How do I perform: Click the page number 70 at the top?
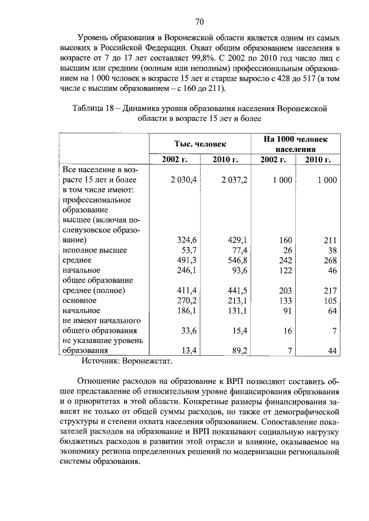(x=199, y=22)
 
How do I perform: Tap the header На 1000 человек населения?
(x=296, y=144)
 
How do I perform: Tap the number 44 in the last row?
(x=332, y=350)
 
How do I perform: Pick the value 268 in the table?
(x=329, y=260)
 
